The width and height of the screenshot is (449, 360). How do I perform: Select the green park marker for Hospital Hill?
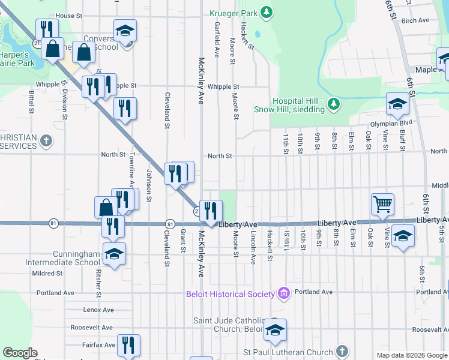(334, 106)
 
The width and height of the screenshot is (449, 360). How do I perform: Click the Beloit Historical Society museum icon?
(283, 293)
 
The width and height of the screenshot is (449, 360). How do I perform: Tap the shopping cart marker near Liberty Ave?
(382, 204)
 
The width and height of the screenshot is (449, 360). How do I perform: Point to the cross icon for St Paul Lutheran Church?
(342, 352)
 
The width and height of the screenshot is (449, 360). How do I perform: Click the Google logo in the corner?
(20, 353)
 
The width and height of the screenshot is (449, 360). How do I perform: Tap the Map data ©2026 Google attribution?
(412, 355)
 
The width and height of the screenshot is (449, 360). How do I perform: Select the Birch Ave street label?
(415, 20)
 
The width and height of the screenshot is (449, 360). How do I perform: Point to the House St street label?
(68, 16)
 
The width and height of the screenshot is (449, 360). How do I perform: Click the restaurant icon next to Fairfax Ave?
(128, 344)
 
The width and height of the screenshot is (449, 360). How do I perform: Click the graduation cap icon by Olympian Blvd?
(397, 104)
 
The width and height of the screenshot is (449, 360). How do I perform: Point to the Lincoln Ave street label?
(253, 247)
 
